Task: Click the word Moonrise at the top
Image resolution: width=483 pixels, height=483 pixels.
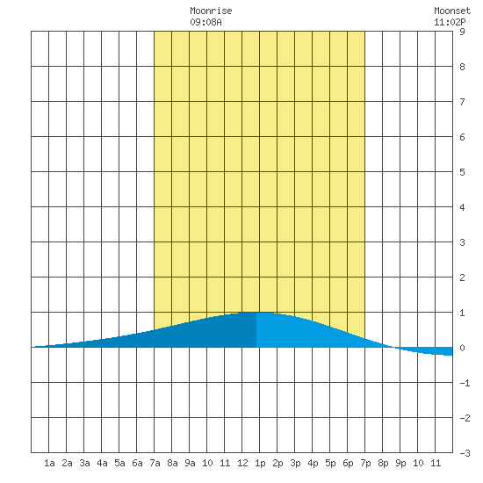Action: click(x=211, y=11)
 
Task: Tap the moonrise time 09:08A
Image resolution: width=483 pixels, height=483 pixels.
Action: click(x=205, y=22)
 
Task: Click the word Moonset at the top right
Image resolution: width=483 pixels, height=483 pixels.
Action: click(x=452, y=11)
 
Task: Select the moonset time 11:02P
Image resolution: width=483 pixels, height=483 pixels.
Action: click(x=450, y=22)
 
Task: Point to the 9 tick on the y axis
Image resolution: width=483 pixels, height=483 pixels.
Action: click(x=462, y=32)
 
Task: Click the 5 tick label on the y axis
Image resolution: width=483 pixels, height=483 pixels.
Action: click(x=462, y=172)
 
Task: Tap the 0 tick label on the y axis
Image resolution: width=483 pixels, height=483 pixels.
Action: click(x=462, y=348)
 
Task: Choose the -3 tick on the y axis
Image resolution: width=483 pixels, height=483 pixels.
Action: click(x=465, y=453)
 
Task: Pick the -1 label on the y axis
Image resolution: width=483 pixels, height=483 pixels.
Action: click(x=465, y=383)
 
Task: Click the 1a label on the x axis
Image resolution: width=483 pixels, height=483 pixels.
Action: click(x=49, y=463)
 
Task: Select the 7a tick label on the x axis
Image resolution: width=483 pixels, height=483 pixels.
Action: click(x=155, y=463)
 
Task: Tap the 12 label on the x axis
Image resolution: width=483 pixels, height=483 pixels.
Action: click(x=242, y=463)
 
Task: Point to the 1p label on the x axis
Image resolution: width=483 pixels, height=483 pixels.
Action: click(x=260, y=463)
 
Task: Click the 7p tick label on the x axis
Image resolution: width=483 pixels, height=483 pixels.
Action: click(x=365, y=463)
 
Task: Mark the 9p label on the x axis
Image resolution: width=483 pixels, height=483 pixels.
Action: click(x=400, y=463)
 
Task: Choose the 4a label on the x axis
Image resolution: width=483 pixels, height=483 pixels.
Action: click(x=102, y=463)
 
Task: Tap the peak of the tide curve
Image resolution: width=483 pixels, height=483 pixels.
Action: click(x=257, y=313)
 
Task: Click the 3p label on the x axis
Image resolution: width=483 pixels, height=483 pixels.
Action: click(x=295, y=463)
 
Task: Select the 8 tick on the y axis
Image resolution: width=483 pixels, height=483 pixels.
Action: click(x=462, y=67)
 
